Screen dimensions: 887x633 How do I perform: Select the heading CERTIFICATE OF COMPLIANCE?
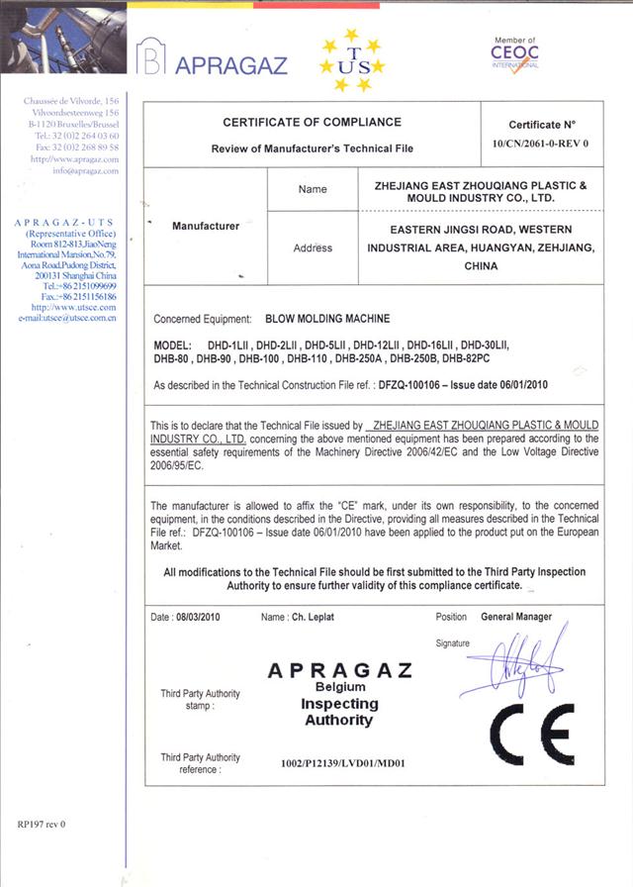[312, 123]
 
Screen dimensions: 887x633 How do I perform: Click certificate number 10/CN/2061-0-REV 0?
[541, 144]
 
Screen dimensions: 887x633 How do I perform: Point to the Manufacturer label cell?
[206, 226]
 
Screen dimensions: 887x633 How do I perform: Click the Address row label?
[313, 247]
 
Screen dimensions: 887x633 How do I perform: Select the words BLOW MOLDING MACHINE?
[328, 319]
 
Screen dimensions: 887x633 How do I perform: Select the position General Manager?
[516, 617]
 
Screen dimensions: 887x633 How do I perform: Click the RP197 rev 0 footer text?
[41, 824]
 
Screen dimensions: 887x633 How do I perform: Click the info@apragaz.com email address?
[85, 170]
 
